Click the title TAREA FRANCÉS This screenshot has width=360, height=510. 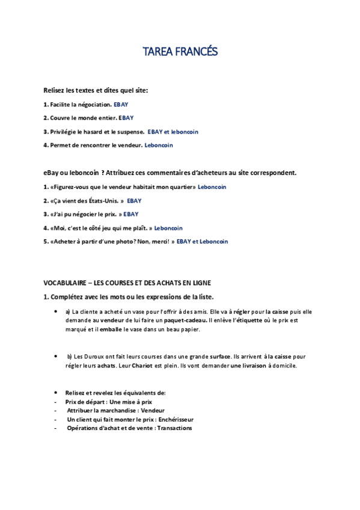pyautogui.click(x=180, y=52)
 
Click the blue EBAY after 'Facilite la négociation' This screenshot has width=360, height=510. pyautogui.click(x=121, y=105)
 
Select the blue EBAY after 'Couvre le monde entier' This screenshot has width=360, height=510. pyautogui.click(x=126, y=118)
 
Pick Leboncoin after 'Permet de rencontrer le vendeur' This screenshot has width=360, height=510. pyautogui.click(x=159, y=145)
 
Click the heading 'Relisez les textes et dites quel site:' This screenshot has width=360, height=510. pyautogui.click(x=96, y=90)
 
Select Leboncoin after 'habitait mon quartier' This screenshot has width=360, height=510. pyautogui.click(x=212, y=187)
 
